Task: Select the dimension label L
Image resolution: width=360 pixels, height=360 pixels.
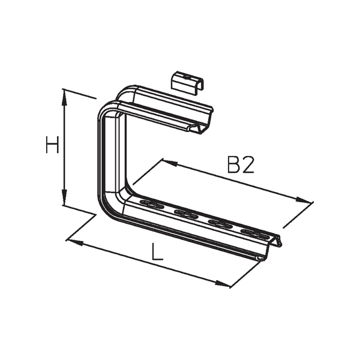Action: click(x=157, y=252)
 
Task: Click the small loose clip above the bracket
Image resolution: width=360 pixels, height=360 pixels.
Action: click(x=185, y=80)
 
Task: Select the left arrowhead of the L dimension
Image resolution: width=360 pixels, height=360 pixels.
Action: click(x=72, y=241)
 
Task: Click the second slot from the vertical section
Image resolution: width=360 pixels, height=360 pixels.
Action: click(x=185, y=213)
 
